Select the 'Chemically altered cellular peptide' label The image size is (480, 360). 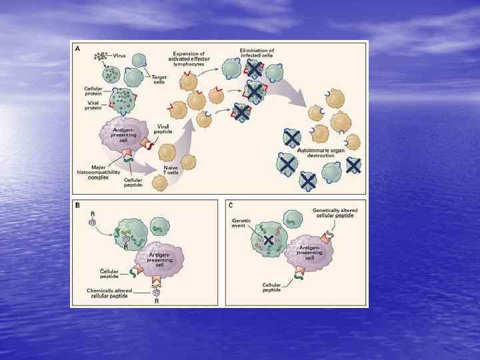(x=109, y=293)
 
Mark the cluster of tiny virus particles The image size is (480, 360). (x=101, y=56)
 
